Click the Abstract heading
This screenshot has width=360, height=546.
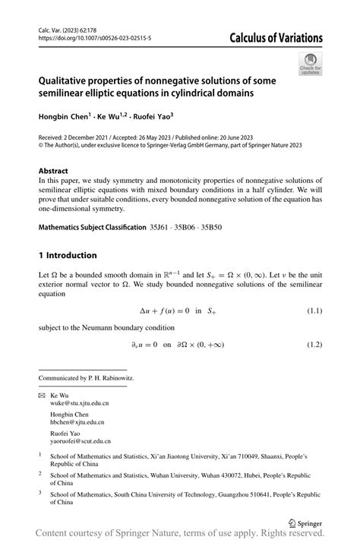53,172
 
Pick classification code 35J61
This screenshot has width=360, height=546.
159,227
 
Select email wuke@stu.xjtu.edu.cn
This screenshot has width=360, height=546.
79,406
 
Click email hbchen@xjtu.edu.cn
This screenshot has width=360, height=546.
77,423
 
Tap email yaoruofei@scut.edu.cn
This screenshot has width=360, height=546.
81,440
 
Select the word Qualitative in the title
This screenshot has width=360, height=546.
69,80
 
